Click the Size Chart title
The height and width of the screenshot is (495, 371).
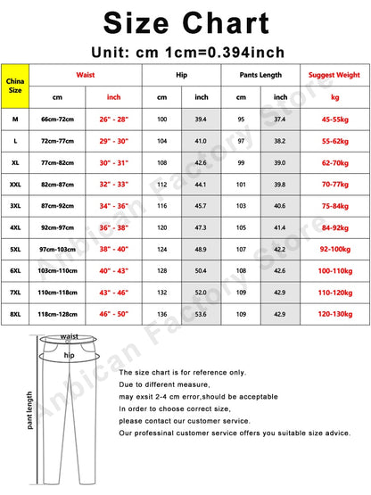pos(185,21)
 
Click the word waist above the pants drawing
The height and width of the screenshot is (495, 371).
pos(70,336)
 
